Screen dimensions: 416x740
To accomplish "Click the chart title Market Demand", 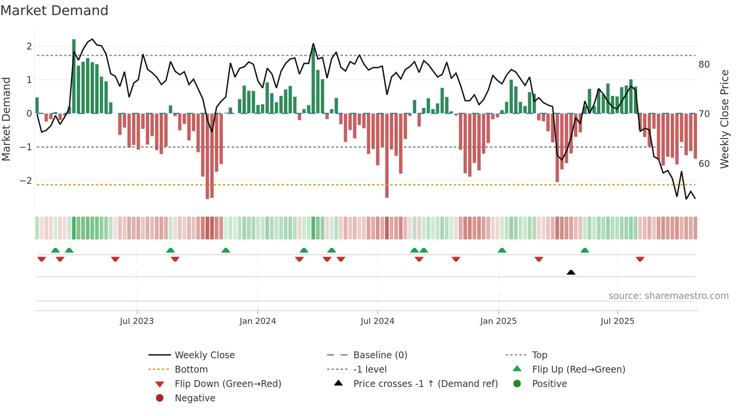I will [54, 11].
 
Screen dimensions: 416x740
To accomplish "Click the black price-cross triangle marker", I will [571, 272].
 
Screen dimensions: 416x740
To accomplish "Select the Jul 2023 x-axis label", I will [137, 321].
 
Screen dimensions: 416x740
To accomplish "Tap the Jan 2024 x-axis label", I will [257, 321].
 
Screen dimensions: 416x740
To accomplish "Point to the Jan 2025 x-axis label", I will [498, 321].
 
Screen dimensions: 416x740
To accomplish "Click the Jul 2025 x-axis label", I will [617, 321].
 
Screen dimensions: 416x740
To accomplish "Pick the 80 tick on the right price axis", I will [704, 65].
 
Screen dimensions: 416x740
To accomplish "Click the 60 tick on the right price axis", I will [704, 164].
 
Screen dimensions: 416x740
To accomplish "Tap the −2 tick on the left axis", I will [26, 181].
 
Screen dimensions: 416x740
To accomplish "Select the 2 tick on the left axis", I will [29, 46].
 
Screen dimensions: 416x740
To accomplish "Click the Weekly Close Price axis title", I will [724, 119].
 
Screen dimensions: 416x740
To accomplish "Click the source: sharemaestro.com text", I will [668, 296].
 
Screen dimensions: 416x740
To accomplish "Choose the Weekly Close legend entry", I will [204, 355].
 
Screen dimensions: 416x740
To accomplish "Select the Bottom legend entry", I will [191, 370].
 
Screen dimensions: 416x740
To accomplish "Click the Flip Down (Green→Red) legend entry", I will [228, 384].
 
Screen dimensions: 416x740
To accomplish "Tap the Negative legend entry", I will [195, 398].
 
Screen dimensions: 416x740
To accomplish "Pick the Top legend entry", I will [539, 355].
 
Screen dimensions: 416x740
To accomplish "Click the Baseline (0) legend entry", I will [380, 355].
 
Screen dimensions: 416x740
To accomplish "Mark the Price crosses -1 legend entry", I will [425, 384].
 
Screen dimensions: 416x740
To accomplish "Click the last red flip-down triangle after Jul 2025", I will [640, 259].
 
